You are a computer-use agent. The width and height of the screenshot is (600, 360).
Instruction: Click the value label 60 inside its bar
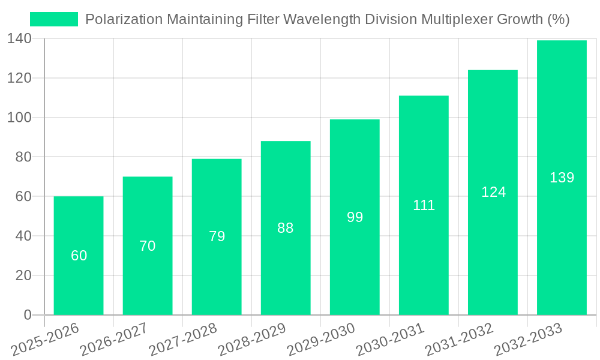click(79, 256)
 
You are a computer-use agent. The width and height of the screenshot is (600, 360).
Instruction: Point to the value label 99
click(355, 217)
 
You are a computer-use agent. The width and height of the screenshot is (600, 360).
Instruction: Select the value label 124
click(493, 192)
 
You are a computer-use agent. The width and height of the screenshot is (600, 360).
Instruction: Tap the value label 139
click(562, 178)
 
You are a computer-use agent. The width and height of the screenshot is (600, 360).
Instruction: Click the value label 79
click(217, 236)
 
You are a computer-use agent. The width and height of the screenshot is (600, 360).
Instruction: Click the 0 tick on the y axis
click(28, 315)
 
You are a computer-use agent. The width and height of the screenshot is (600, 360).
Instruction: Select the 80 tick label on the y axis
click(23, 157)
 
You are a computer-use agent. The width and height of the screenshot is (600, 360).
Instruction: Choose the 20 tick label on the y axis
click(23, 275)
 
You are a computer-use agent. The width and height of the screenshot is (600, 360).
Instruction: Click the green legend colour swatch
click(54, 19)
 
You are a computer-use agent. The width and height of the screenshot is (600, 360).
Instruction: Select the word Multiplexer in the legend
click(457, 19)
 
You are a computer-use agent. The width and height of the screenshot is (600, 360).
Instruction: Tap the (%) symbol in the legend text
click(559, 19)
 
